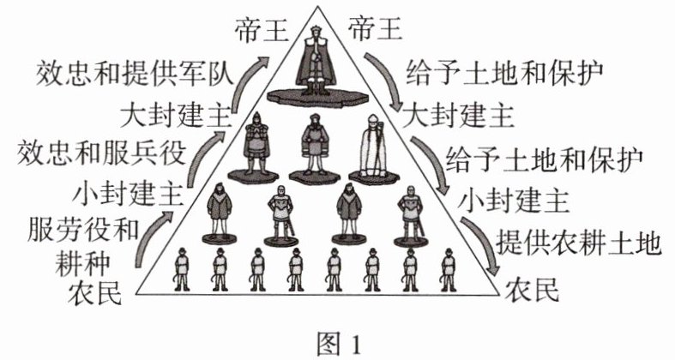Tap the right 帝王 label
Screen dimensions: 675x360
pyautogui.click(x=375, y=30)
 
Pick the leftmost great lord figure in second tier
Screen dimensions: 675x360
pyautogui.click(x=253, y=150)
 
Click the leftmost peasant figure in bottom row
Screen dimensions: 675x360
pyautogui.click(x=180, y=267)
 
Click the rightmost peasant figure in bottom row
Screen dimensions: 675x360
pyautogui.click(x=448, y=267)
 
